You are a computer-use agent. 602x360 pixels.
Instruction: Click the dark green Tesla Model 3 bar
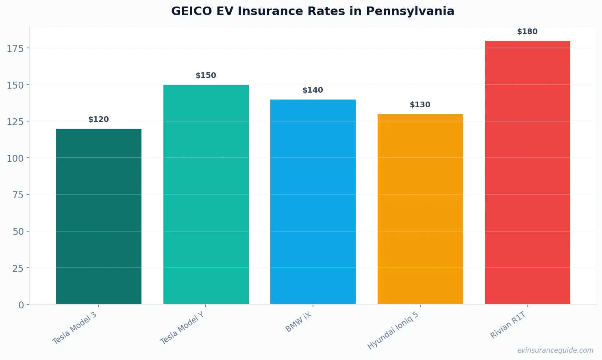(x=99, y=216)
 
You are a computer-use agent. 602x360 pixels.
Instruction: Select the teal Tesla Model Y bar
(x=206, y=194)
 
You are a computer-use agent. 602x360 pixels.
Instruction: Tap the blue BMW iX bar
(x=313, y=202)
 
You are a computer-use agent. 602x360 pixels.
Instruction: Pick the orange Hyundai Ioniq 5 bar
(x=420, y=209)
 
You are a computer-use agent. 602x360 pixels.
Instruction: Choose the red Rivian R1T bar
(x=527, y=172)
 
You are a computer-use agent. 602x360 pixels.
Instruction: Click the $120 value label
(x=99, y=119)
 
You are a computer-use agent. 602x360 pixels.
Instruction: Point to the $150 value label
(x=206, y=76)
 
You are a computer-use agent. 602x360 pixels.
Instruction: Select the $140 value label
(x=313, y=90)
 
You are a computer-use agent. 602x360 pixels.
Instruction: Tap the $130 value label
(x=420, y=105)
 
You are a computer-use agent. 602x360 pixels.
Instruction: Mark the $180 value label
(x=527, y=32)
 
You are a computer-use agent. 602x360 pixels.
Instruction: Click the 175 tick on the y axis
(x=15, y=49)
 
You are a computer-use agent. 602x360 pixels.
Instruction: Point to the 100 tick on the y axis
(x=15, y=158)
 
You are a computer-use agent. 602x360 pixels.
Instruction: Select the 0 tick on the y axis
(x=21, y=305)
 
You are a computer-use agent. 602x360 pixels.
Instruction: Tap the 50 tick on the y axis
(x=18, y=232)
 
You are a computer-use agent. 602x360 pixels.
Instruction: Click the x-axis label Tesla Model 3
(x=75, y=328)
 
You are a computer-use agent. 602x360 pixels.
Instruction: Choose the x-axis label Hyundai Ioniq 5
(x=393, y=330)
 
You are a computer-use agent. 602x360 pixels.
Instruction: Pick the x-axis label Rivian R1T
(x=508, y=325)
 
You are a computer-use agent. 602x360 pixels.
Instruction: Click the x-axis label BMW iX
(x=298, y=322)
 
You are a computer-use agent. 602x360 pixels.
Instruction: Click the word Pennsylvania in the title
(x=410, y=11)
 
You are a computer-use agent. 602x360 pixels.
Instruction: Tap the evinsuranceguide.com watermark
(x=555, y=350)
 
